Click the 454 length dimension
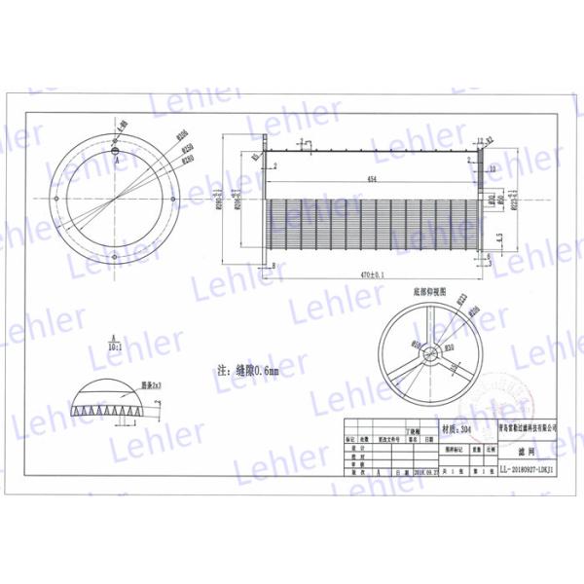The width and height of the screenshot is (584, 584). (373, 180)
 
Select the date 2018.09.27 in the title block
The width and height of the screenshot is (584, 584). (424, 470)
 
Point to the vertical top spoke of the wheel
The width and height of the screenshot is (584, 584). (427, 331)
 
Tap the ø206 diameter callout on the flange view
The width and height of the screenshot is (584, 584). (180, 135)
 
